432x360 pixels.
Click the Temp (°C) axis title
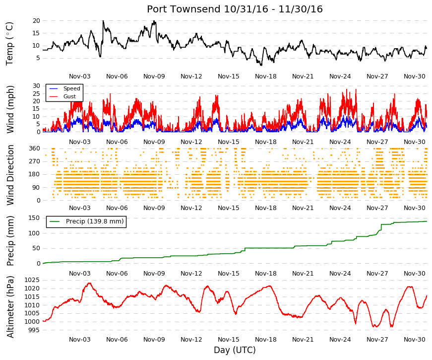click(x=9, y=44)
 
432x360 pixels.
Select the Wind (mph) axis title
click(x=10, y=109)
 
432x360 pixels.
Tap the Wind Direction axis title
click(x=10, y=175)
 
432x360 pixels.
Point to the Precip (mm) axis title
click(x=10, y=241)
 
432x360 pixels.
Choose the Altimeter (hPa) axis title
click(x=10, y=307)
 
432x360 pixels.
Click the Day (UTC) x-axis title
click(x=235, y=350)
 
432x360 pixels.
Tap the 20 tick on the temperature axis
click(x=36, y=21)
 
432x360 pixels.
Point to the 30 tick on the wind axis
click(x=36, y=86)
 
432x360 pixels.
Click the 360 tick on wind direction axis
click(x=34, y=148)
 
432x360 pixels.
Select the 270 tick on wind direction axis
click(x=34, y=161)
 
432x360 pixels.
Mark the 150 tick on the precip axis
click(x=34, y=218)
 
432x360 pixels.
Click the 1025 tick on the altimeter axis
click(x=32, y=280)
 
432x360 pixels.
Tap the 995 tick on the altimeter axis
click(x=34, y=330)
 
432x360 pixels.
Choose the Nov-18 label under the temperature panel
click(x=265, y=76)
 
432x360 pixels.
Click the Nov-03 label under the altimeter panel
click(x=80, y=340)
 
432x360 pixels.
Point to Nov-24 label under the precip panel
click(x=340, y=274)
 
